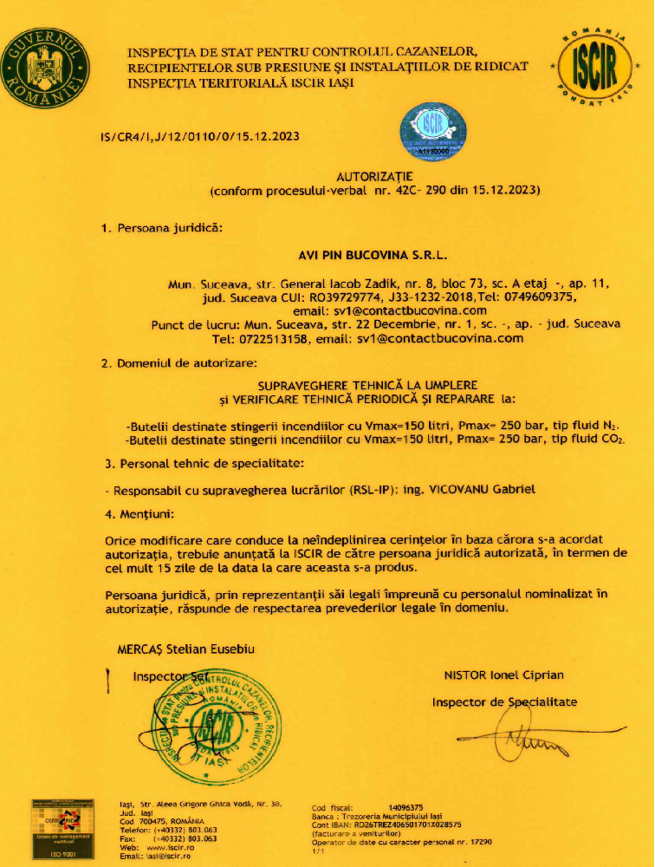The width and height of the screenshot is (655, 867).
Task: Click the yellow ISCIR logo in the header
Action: [x=598, y=67]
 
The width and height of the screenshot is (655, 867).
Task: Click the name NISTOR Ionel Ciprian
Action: [x=503, y=675]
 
